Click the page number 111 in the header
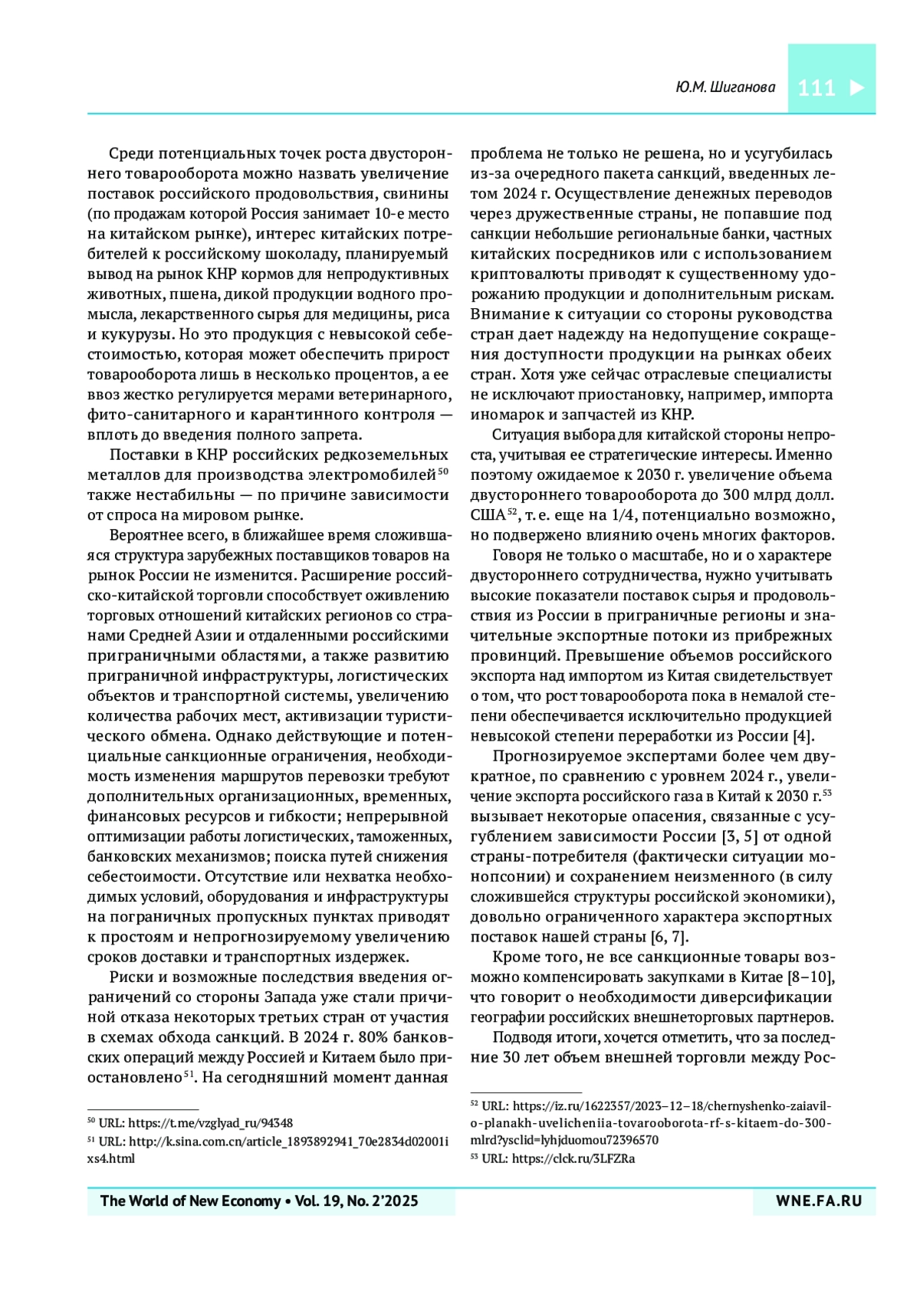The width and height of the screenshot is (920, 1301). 816,87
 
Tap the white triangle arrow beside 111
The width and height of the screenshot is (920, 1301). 856,87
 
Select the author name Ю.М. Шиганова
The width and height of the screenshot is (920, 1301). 724,87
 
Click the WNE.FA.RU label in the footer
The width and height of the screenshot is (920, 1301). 819,1201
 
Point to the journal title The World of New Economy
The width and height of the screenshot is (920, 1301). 190,1201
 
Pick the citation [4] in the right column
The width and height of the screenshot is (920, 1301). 802,736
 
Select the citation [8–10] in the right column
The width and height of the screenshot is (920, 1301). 811,977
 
